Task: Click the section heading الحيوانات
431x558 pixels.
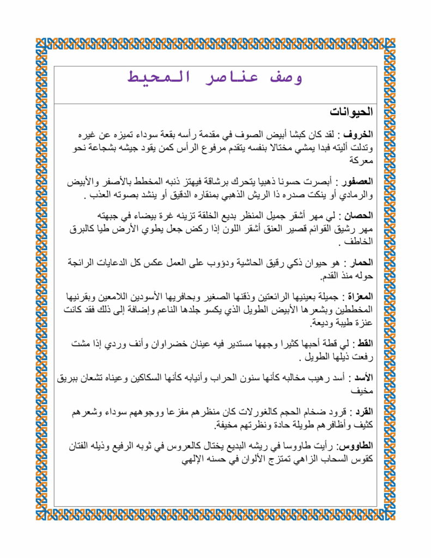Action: [x=351, y=112]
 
